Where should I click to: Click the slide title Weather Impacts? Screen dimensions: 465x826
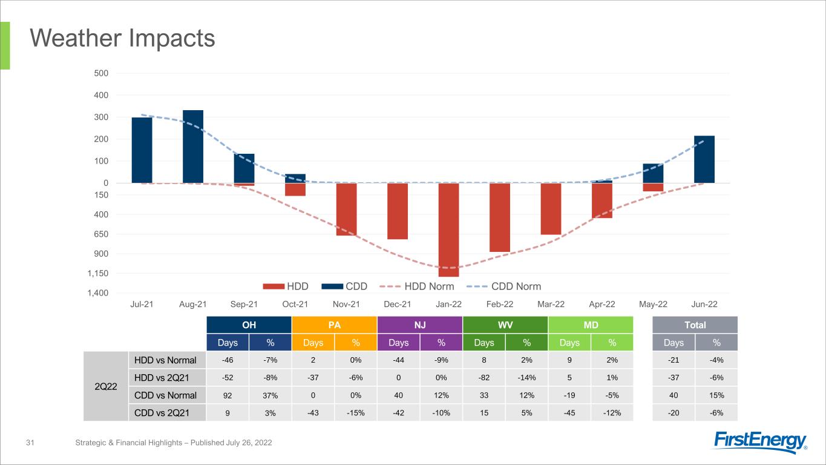click(x=123, y=39)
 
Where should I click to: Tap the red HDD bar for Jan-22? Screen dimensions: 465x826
click(x=449, y=229)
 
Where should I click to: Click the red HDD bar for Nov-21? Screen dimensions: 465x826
click(x=347, y=209)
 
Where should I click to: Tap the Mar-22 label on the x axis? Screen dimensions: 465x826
click(x=551, y=304)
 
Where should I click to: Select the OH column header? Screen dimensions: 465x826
click(x=249, y=325)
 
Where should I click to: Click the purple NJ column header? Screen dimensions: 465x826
click(x=419, y=325)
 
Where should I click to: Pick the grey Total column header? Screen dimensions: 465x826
click(x=695, y=325)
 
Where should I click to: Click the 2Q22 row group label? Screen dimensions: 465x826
click(x=106, y=386)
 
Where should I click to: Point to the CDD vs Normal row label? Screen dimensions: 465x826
click(x=165, y=395)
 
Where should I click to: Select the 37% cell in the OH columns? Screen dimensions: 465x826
click(x=270, y=395)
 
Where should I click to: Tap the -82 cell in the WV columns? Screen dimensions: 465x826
click(x=483, y=378)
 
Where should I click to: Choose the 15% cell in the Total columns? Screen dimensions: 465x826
click(x=716, y=395)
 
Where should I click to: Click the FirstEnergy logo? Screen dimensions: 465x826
click(x=761, y=442)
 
